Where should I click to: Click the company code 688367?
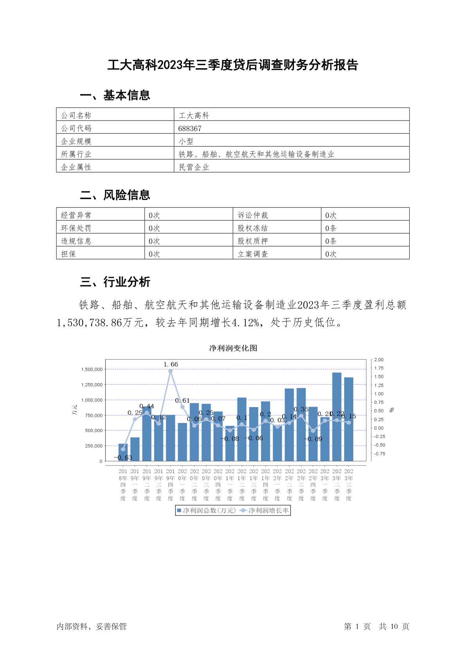click(190, 128)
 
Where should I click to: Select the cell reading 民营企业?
click(194, 167)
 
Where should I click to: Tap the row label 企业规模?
click(76, 141)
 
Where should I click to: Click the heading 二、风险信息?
click(115, 195)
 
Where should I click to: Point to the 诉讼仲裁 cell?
click(253, 215)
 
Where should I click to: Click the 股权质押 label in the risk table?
click(253, 241)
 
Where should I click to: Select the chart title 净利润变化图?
click(233, 348)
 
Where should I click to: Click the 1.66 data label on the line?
click(171, 364)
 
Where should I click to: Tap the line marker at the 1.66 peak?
click(171, 371)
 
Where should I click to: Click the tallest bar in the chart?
click(337, 417)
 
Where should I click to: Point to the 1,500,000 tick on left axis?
click(92, 369)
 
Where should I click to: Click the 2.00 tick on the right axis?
click(379, 360)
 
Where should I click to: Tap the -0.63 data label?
click(123, 457)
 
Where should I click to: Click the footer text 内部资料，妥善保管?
click(92, 627)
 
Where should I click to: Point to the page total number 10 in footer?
click(394, 627)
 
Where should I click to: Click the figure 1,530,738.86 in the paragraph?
click(90, 322)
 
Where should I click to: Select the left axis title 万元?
click(74, 410)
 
